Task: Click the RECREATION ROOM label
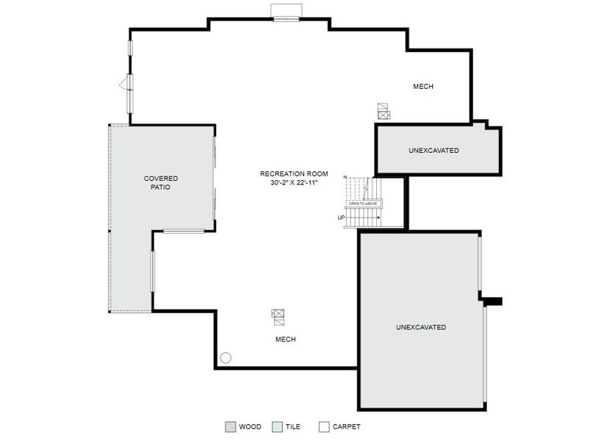(294, 174)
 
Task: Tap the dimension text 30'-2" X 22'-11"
(294, 182)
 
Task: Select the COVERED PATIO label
(161, 183)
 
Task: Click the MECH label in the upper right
(422, 87)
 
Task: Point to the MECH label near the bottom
(285, 340)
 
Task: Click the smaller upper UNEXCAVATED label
(433, 151)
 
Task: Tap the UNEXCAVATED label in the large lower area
(420, 327)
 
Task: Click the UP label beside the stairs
(341, 218)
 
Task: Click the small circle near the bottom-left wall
(226, 358)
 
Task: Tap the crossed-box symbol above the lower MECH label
(278, 316)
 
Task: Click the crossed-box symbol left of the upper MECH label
(384, 111)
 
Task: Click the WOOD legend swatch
(230, 426)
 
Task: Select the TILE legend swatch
(276, 426)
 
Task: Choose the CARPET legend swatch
(323, 426)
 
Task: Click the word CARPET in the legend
(346, 426)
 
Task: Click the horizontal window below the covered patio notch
(183, 232)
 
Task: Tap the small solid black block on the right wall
(492, 301)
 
